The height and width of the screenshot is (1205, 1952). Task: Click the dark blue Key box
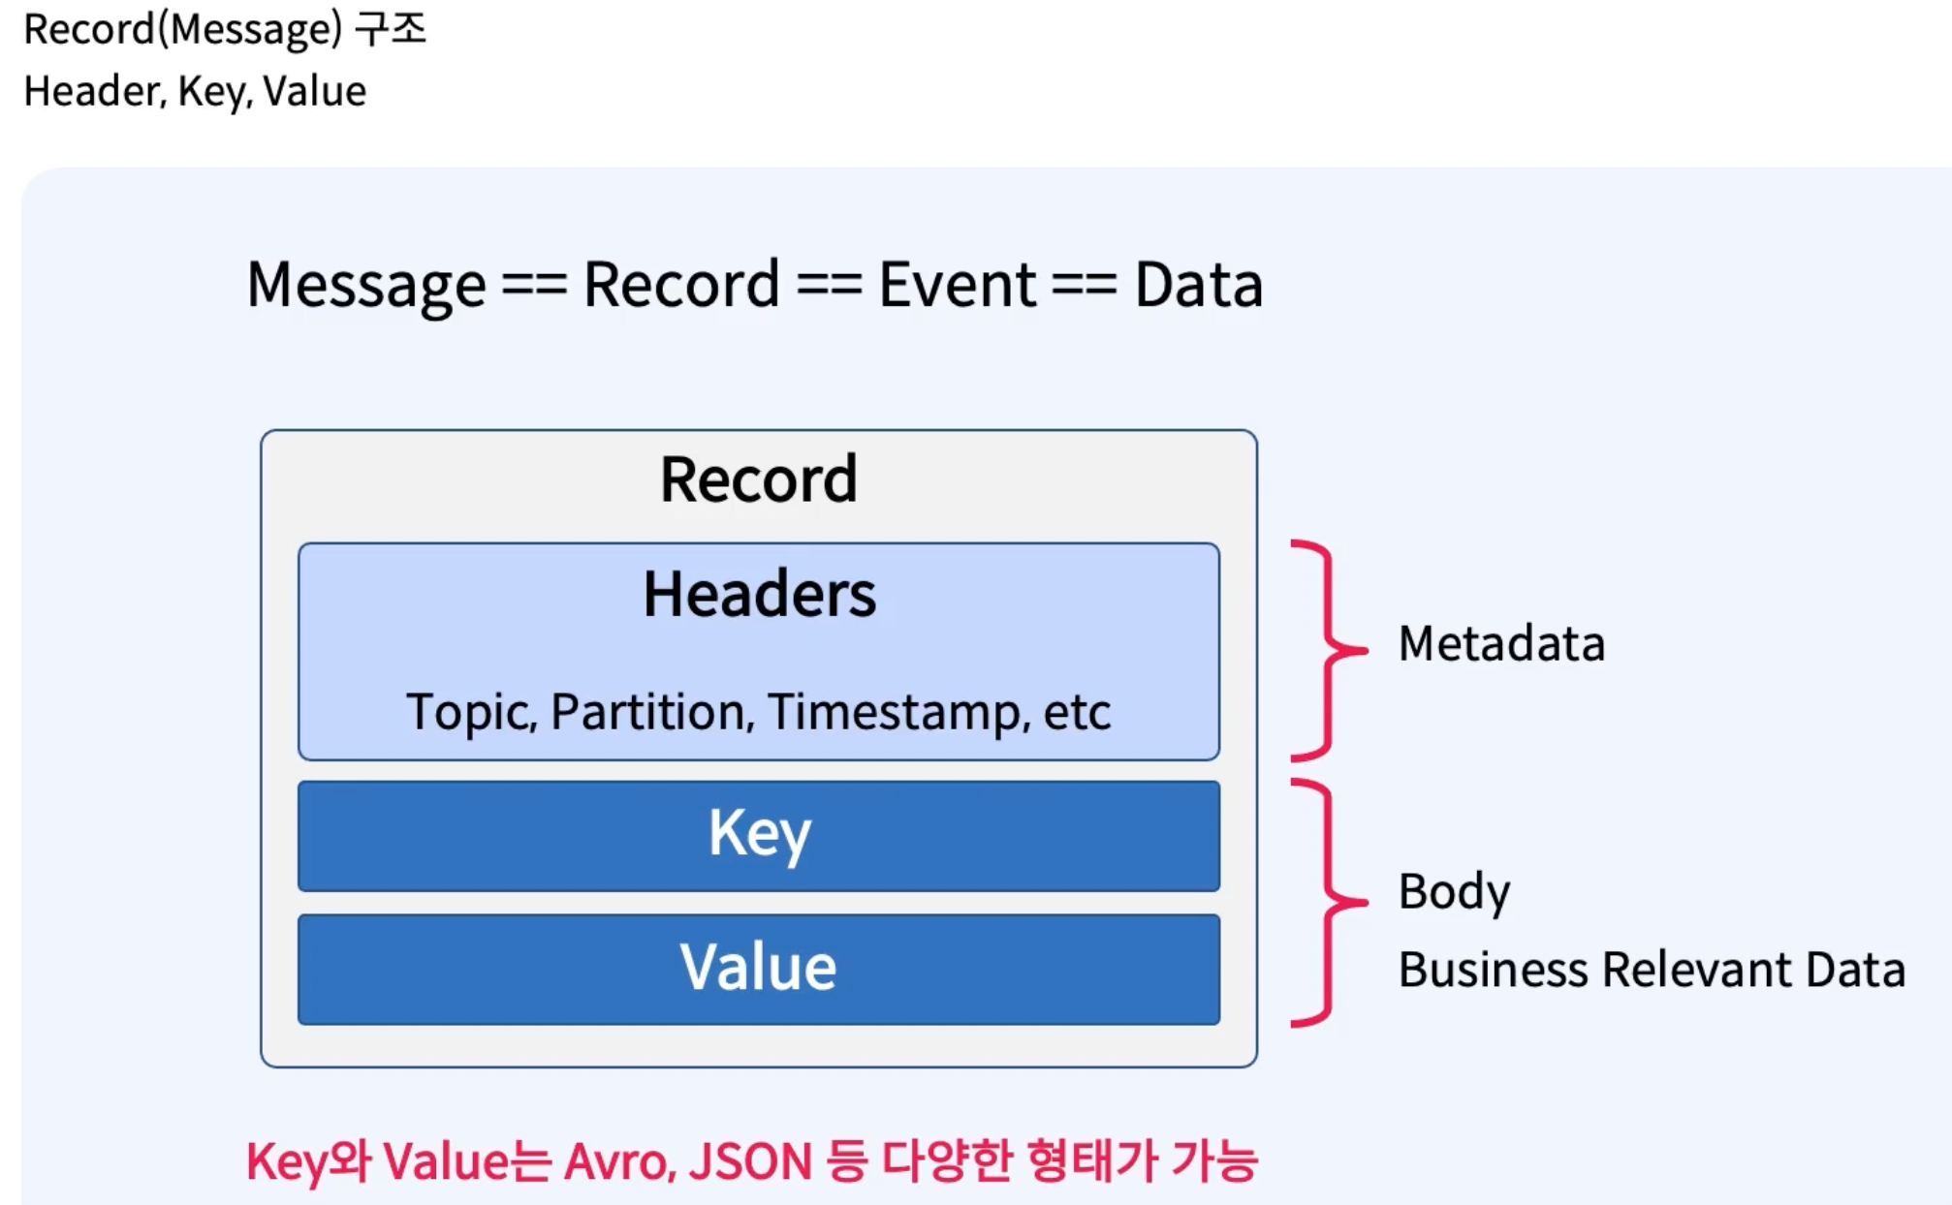758,835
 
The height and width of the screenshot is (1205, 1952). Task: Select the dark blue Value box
758,968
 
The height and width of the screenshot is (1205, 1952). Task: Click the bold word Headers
759,594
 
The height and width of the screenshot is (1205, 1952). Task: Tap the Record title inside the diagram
759,479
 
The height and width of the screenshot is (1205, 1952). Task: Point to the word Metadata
1501,643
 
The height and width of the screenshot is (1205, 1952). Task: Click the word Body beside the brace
1454,891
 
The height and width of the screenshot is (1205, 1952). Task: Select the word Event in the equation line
957,285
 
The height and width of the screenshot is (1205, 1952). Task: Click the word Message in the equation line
366,285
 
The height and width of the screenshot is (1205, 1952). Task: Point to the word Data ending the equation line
1198,285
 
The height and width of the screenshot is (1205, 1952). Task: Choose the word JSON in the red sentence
750,1161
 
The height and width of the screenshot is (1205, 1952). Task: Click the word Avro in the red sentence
618,1161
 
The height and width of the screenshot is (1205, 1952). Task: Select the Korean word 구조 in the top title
390,29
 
